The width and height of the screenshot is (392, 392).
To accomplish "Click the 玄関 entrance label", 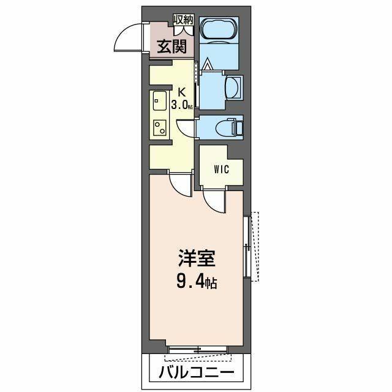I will (166, 47).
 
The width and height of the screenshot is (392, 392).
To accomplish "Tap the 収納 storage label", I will (183, 20).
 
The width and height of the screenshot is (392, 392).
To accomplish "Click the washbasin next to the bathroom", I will (233, 87).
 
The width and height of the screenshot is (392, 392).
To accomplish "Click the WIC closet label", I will (222, 169).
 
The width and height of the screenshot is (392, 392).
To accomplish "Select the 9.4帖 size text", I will (197, 284).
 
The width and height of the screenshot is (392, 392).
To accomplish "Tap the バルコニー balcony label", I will (197, 372).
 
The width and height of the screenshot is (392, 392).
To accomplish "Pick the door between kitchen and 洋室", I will (180, 182).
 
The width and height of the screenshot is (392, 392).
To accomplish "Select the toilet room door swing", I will (186, 127).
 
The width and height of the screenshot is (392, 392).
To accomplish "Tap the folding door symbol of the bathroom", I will (208, 63).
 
